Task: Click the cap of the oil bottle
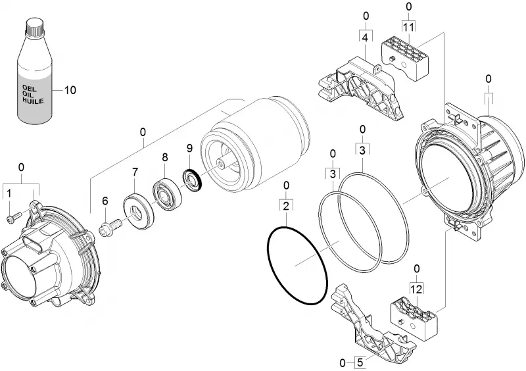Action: pyautogui.click(x=36, y=26)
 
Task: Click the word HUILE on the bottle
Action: pyautogui.click(x=33, y=100)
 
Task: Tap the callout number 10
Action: pyautogui.click(x=70, y=90)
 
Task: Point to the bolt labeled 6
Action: pyautogui.click(x=110, y=228)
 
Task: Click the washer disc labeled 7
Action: pyautogui.click(x=139, y=212)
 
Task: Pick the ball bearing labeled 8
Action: pyautogui.click(x=168, y=196)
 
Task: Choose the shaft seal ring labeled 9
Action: pyautogui.click(x=193, y=181)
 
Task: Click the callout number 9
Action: pyautogui.click(x=189, y=148)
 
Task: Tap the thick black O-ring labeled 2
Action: pyautogui.click(x=298, y=266)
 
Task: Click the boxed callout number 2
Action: pyautogui.click(x=286, y=206)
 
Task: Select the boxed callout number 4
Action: pyautogui.click(x=366, y=37)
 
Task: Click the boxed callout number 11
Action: pyautogui.click(x=408, y=27)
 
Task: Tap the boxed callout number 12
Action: pyautogui.click(x=416, y=289)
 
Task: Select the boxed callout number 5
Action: pyautogui.click(x=360, y=362)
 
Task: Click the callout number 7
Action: pyautogui.click(x=135, y=172)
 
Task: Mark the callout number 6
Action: pyautogui.click(x=105, y=201)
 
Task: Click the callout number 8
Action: pyautogui.click(x=165, y=157)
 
